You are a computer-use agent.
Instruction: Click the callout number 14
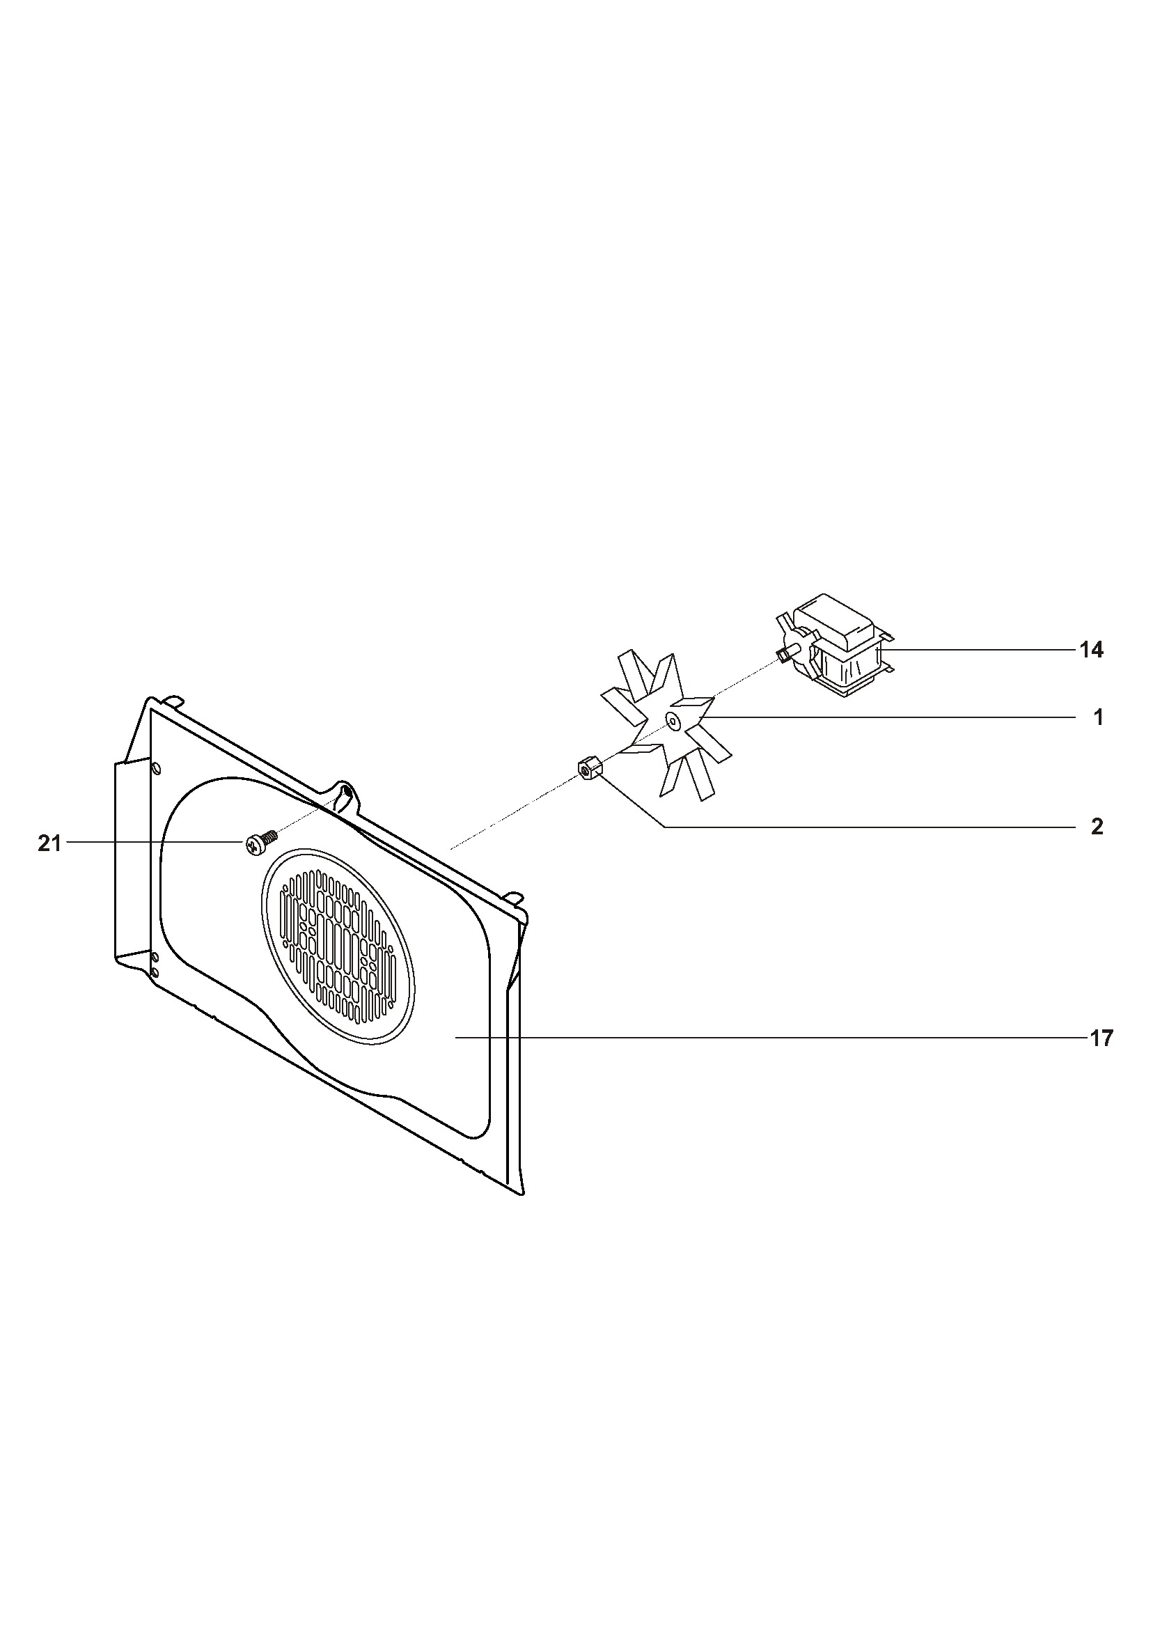pos(1091,650)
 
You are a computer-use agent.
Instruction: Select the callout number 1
pos(1098,718)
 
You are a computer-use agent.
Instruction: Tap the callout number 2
pos(1097,827)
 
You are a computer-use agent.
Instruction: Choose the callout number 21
pos(49,843)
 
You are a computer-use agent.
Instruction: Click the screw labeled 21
pos(259,843)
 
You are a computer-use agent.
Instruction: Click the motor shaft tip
pos(782,656)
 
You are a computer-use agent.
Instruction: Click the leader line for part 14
pos(980,650)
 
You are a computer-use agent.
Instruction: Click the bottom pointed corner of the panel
pos(524,1194)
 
